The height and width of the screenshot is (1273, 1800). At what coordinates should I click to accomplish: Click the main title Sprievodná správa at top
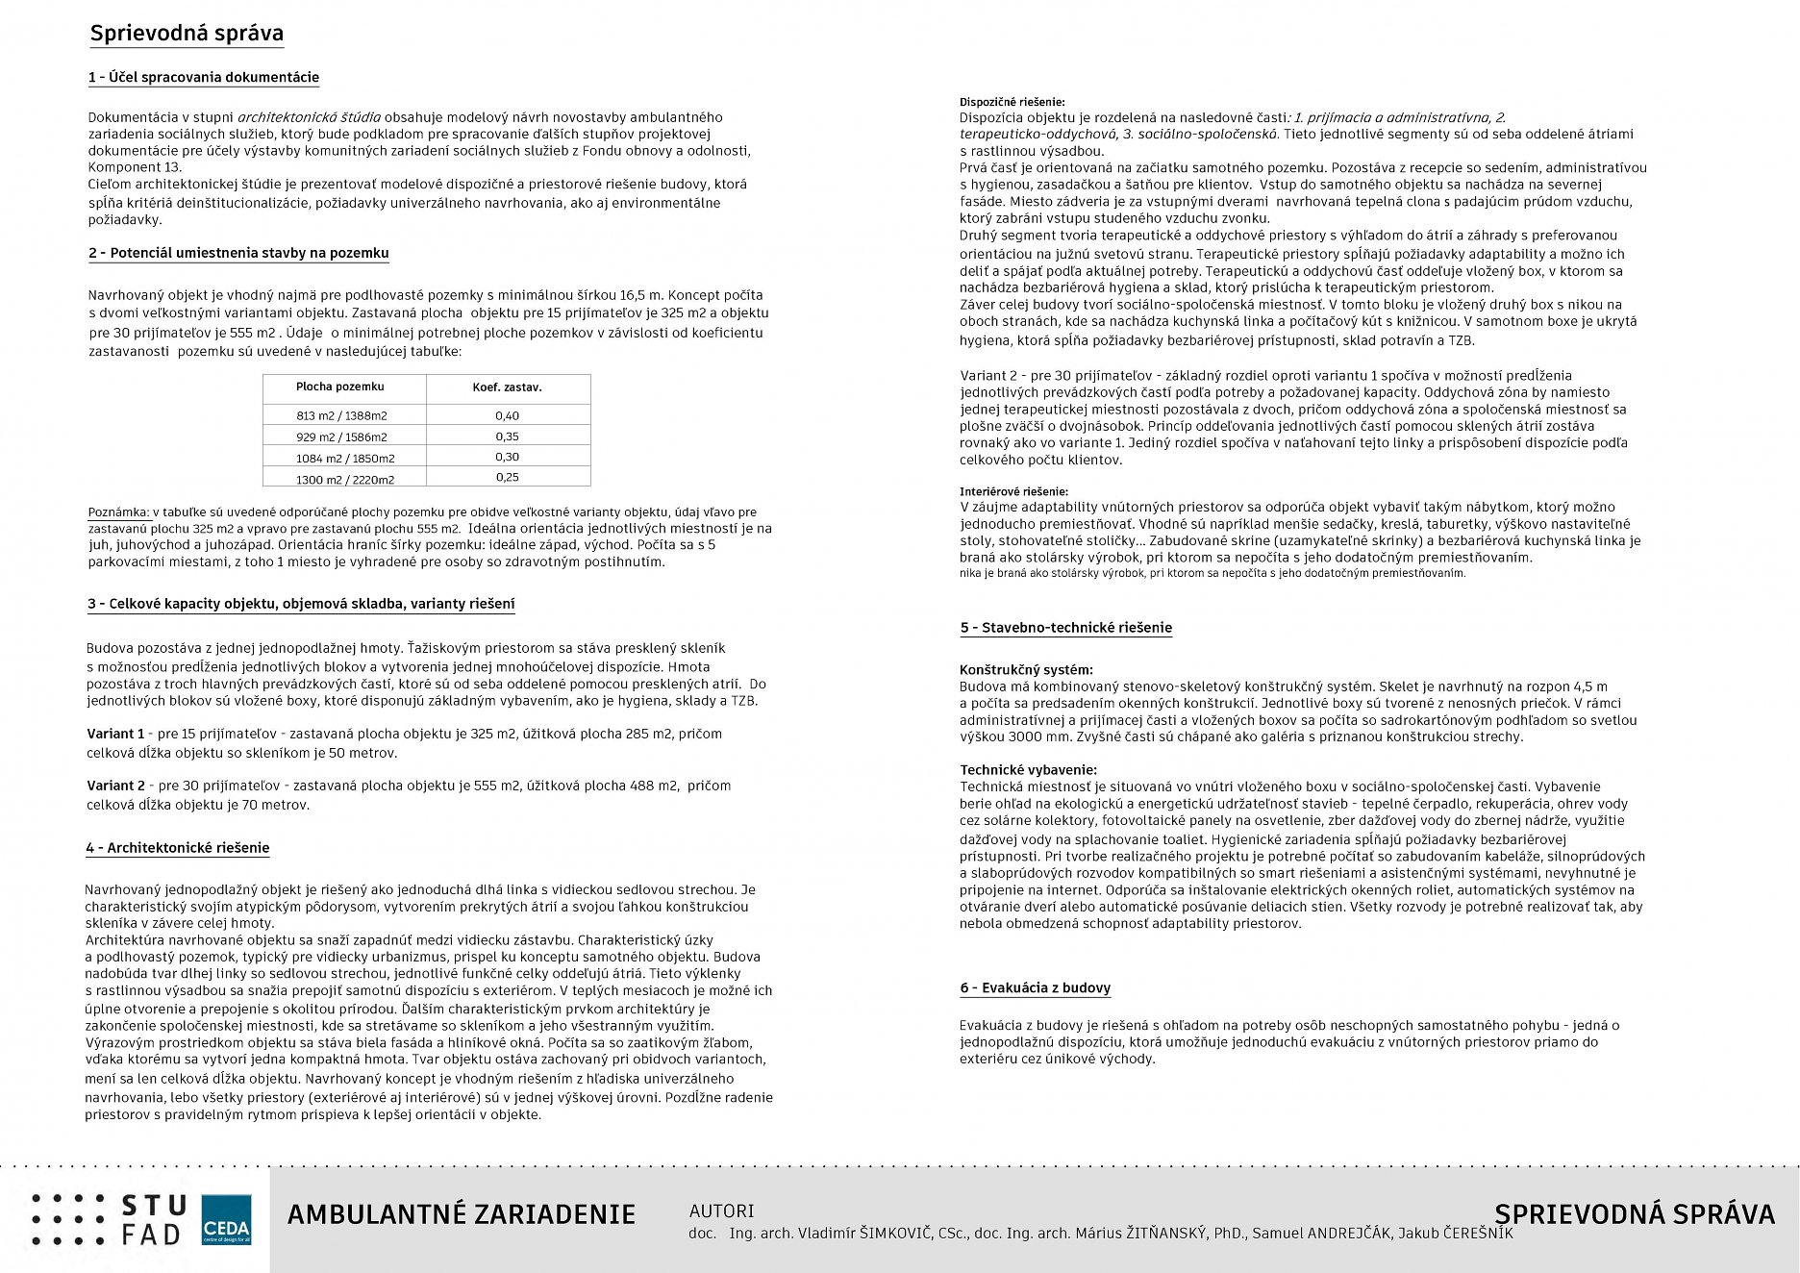(187, 34)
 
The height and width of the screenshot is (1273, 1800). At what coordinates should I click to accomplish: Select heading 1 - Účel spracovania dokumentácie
(203, 77)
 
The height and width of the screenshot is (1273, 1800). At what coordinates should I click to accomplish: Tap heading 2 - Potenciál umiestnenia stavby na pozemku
(238, 253)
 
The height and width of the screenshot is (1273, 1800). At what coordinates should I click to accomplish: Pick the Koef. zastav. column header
(507, 387)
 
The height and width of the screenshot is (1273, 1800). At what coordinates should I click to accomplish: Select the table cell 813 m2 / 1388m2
(341, 415)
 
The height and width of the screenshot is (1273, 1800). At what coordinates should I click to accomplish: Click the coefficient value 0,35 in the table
(507, 437)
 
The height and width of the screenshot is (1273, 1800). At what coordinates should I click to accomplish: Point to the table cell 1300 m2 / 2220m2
(345, 479)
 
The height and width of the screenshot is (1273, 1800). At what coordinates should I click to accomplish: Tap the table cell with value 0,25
(507, 477)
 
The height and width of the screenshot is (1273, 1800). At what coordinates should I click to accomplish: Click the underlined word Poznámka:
(118, 512)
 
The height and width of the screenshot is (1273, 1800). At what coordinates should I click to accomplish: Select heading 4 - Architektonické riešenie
(177, 848)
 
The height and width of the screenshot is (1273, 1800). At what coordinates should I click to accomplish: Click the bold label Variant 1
(115, 734)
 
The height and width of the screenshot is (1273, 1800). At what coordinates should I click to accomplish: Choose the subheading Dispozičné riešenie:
(1012, 102)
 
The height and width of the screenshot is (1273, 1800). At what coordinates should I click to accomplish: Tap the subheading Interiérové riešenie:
(1013, 491)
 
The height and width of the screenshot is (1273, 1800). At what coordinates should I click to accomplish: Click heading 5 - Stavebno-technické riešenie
(1065, 628)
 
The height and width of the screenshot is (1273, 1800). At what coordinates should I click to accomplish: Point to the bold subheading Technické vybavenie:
(1028, 770)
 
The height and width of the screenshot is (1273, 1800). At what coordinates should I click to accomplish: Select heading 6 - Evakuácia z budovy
(1035, 988)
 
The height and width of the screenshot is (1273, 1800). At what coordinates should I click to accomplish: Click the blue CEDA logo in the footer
(227, 1220)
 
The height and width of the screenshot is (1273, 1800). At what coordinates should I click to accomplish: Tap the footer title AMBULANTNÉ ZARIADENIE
(462, 1214)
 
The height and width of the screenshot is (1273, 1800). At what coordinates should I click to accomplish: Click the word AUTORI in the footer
(721, 1211)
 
